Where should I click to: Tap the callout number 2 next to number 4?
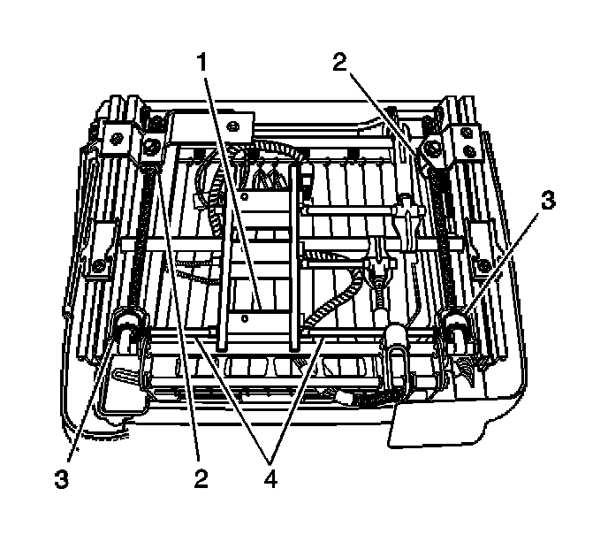point(201,479)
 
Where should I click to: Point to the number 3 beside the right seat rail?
point(549,202)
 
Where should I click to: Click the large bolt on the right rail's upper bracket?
point(433,145)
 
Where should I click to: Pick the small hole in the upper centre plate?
point(244,198)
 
